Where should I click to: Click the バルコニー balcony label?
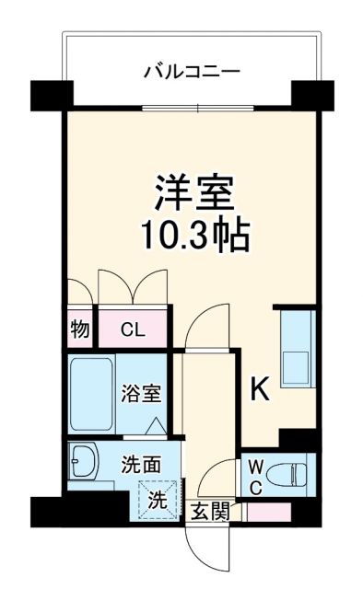(193, 70)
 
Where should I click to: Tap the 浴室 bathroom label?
(143, 394)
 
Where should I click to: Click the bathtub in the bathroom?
(91, 394)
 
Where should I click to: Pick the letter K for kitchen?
(261, 391)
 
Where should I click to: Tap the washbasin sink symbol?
(84, 461)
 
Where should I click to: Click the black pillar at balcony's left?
(52, 93)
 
